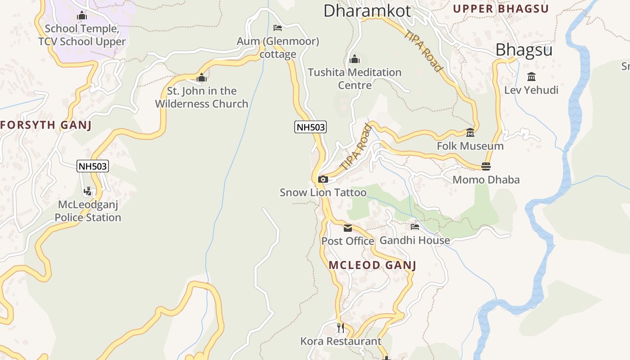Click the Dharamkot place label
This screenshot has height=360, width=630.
(367, 10)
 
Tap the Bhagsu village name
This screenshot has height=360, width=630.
(524, 50)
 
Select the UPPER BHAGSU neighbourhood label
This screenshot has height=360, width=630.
(500, 9)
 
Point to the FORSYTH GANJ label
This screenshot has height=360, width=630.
(46, 125)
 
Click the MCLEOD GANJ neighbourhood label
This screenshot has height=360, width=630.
(372, 265)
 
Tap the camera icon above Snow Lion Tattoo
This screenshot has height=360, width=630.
(323, 180)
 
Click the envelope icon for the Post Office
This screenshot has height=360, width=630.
(348, 228)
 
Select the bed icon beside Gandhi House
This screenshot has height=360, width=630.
(414, 227)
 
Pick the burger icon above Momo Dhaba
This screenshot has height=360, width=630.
(486, 166)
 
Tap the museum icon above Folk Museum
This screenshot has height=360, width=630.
(470, 133)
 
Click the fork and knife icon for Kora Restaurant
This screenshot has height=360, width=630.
(341, 328)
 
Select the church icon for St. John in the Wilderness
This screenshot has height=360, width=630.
(202, 78)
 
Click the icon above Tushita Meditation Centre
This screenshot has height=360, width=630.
(355, 59)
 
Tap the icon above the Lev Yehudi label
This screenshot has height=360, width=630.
(531, 76)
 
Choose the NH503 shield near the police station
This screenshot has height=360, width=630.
(93, 166)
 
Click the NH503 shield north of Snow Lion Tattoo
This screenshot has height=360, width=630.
(310, 127)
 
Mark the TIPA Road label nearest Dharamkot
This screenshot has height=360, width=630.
(423, 50)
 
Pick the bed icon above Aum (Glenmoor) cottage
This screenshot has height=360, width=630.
(278, 28)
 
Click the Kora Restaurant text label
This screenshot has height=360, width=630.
(341, 341)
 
